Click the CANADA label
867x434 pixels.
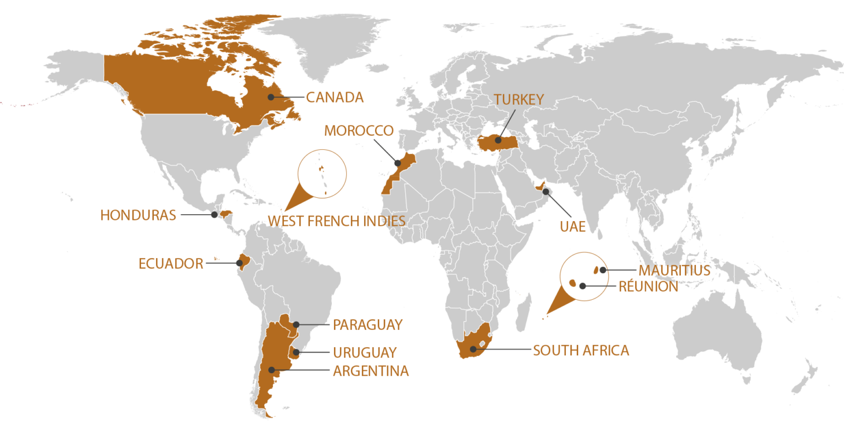click(x=335, y=97)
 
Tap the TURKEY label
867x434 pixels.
click(x=518, y=100)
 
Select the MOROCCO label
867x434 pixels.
click(x=358, y=131)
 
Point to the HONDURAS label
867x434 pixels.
click(x=138, y=215)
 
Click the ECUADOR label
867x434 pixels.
click(x=171, y=264)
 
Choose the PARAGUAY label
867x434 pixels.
click(x=368, y=325)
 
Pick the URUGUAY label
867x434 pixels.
click(x=365, y=352)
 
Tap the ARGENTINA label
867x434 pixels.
click(x=370, y=371)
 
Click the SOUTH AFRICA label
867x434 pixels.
click(x=581, y=350)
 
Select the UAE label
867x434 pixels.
click(x=572, y=227)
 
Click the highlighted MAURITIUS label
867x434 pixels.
click(x=674, y=270)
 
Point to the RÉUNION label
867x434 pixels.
click(x=648, y=286)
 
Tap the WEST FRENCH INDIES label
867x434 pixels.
click(x=336, y=220)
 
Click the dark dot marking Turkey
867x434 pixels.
click(x=498, y=141)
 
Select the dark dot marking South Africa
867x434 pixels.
click(x=473, y=349)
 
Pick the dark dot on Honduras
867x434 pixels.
click(x=214, y=215)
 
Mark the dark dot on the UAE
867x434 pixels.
click(x=546, y=191)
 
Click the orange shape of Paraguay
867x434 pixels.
click(x=285, y=322)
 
